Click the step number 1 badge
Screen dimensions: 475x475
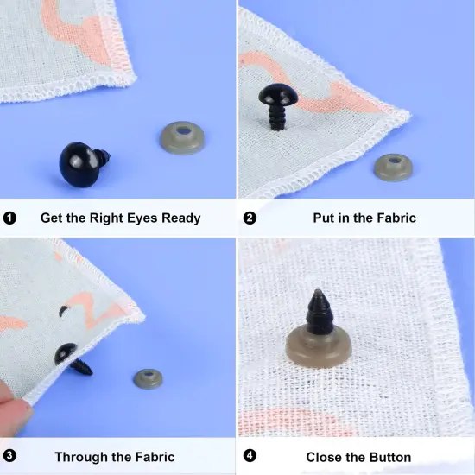(10, 218)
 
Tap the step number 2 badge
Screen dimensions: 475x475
(250, 218)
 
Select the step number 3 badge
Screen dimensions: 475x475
(10, 456)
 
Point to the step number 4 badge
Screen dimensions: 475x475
(250, 456)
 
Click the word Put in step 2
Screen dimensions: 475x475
(325, 218)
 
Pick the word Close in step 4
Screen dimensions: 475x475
(325, 456)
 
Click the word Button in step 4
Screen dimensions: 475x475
(386, 456)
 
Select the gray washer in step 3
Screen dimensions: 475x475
(149, 378)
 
